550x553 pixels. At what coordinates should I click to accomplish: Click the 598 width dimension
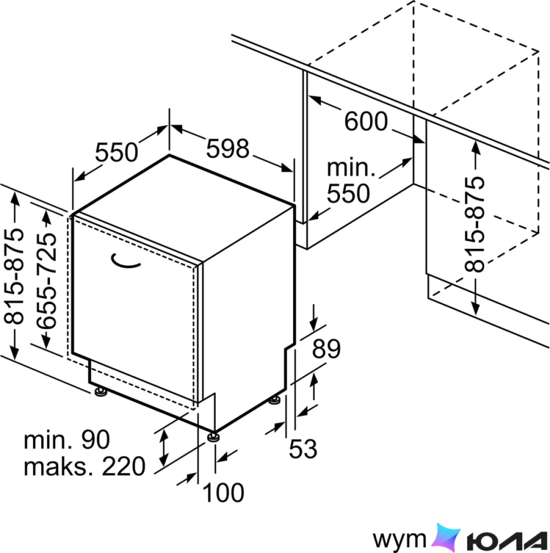click(228, 148)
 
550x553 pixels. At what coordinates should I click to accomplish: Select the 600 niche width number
click(366, 121)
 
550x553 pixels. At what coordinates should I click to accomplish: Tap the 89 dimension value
click(326, 349)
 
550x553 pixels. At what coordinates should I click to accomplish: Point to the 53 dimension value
click(303, 449)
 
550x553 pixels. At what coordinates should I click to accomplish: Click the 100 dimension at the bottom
click(223, 492)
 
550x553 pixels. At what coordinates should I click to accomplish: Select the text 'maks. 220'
click(84, 466)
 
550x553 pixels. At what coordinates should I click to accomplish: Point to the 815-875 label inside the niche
click(475, 224)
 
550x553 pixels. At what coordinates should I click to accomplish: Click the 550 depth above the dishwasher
click(117, 152)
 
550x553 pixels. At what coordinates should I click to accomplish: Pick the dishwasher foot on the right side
click(274, 400)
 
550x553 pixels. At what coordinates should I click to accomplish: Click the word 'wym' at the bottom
click(399, 539)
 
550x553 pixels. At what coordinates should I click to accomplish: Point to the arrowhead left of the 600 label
click(315, 100)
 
